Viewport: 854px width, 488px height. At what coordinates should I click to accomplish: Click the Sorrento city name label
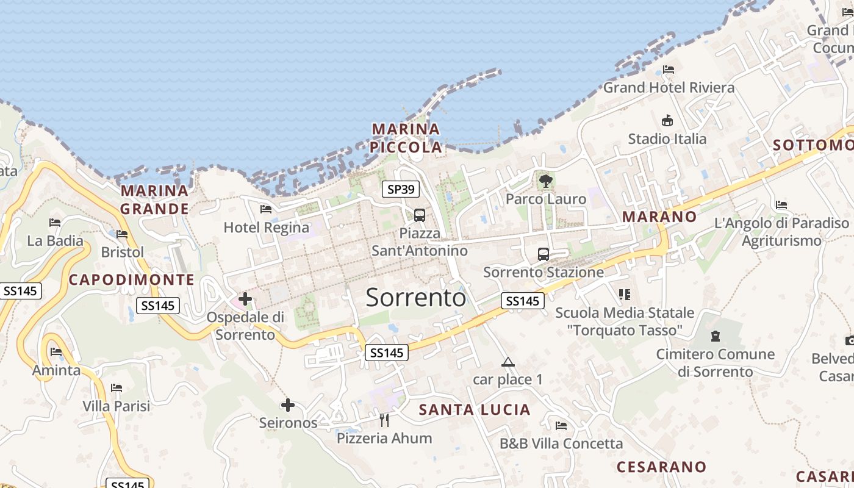point(416,297)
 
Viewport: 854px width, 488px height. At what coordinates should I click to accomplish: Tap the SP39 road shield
point(401,189)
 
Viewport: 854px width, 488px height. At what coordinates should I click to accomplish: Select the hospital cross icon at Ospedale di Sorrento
point(245,299)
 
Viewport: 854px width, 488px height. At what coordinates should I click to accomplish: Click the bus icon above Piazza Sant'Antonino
point(420,215)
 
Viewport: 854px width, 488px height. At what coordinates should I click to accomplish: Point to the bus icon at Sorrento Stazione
point(544,254)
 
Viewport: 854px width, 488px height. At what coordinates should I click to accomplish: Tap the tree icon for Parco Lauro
point(546,181)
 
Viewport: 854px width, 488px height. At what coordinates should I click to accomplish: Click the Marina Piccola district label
point(406,138)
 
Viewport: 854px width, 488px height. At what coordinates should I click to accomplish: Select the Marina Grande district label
point(154,199)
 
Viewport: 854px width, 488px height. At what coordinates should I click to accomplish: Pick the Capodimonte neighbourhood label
point(132,280)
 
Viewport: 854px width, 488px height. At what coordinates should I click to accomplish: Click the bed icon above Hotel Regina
point(266,209)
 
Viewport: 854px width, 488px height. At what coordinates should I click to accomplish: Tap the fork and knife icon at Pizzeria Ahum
point(384,420)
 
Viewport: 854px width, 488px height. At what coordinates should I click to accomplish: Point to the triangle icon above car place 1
point(508,362)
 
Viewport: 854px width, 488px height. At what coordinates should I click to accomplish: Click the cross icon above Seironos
point(288,404)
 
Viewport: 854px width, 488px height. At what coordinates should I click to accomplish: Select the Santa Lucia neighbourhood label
point(475,409)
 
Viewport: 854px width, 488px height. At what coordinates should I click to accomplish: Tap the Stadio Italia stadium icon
point(667,121)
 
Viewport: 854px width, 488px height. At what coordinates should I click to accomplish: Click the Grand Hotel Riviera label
point(669,87)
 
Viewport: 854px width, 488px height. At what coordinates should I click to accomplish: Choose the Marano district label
point(659,217)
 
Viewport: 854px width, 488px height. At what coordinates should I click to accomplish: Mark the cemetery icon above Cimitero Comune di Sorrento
point(716,335)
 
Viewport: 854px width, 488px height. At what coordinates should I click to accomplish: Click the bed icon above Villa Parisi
point(117,388)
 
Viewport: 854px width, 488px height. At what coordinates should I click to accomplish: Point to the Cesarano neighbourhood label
point(662,467)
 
